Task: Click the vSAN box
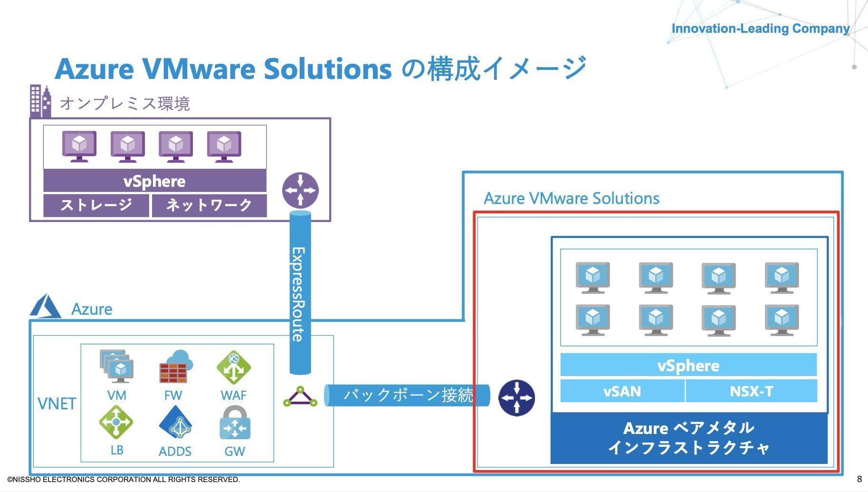(622, 391)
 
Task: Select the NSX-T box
(751, 391)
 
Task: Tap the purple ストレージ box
(96, 205)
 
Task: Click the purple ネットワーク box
(209, 205)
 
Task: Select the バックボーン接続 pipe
(407, 396)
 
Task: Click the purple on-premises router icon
(300, 190)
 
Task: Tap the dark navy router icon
(516, 398)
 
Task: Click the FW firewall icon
(175, 367)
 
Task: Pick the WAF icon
(233, 367)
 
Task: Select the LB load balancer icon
(116, 422)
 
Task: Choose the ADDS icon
(175, 422)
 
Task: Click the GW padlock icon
(235, 423)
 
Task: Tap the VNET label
(57, 404)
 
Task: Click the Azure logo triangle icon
(45, 307)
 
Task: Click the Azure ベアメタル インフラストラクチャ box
(688, 438)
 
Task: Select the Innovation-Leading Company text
(760, 29)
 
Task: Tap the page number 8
(859, 479)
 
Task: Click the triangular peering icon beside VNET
(300, 397)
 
